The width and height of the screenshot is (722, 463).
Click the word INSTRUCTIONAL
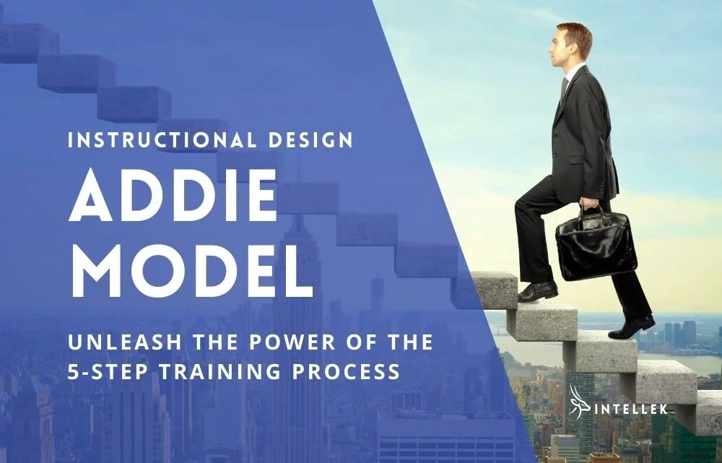(162, 140)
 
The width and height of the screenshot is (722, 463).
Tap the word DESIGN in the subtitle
(310, 140)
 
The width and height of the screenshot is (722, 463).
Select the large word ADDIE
(173, 195)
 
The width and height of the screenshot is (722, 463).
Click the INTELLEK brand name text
(631, 409)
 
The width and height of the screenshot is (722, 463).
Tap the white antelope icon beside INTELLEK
(579, 402)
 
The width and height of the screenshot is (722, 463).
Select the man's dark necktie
(564, 90)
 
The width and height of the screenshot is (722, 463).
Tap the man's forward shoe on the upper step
(537, 291)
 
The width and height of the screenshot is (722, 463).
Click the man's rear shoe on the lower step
(631, 326)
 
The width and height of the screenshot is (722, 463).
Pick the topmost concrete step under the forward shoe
(494, 290)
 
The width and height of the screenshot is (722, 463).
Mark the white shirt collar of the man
(573, 72)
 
